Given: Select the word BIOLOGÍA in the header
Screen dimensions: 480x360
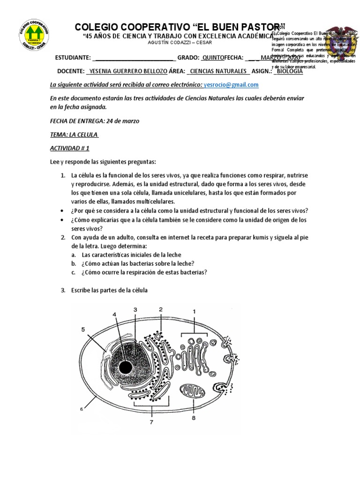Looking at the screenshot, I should (289, 71).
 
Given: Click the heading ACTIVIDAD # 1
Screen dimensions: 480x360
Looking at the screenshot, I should (69, 148).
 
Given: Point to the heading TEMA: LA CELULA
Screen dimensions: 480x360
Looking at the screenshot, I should (74, 135).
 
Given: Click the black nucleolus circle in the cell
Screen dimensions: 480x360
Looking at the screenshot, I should (125, 367).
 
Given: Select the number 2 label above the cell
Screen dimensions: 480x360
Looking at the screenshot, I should (160, 309).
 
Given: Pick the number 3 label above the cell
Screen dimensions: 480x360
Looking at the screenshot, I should (135, 309).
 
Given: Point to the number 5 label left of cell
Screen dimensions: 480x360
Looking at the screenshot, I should (83, 330).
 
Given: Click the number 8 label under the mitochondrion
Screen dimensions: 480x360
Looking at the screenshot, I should (194, 418).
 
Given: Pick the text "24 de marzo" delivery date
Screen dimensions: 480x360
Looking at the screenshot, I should (123, 121).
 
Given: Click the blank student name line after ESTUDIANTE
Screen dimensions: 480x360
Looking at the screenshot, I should (134, 58).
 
